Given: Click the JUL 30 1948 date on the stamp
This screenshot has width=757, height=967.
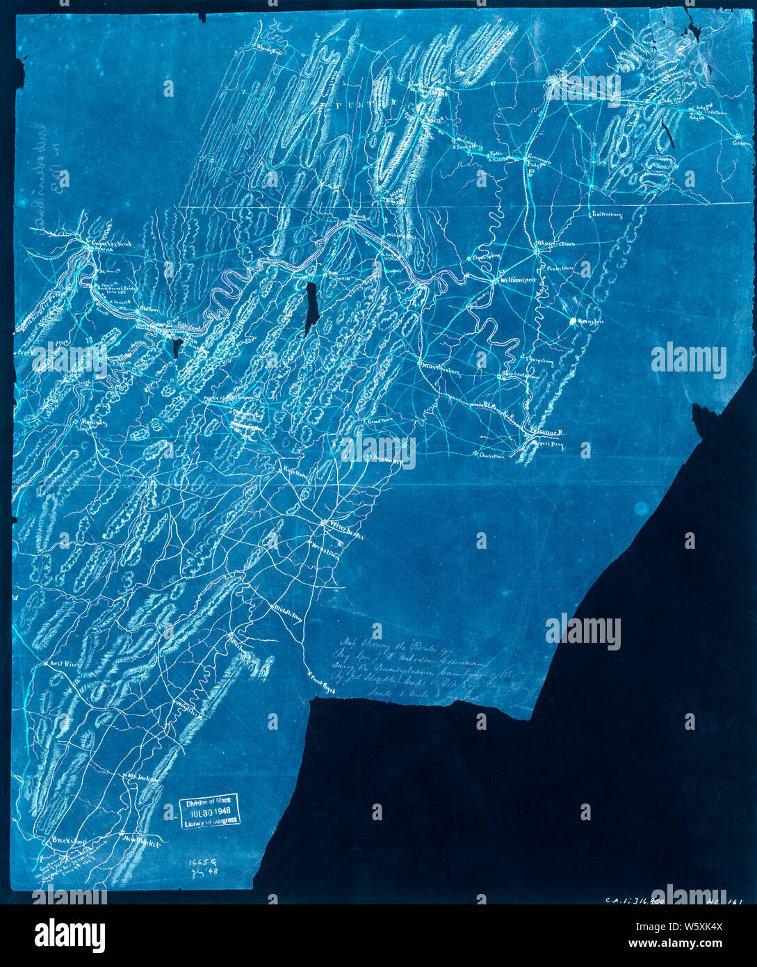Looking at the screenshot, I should click(208, 810).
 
